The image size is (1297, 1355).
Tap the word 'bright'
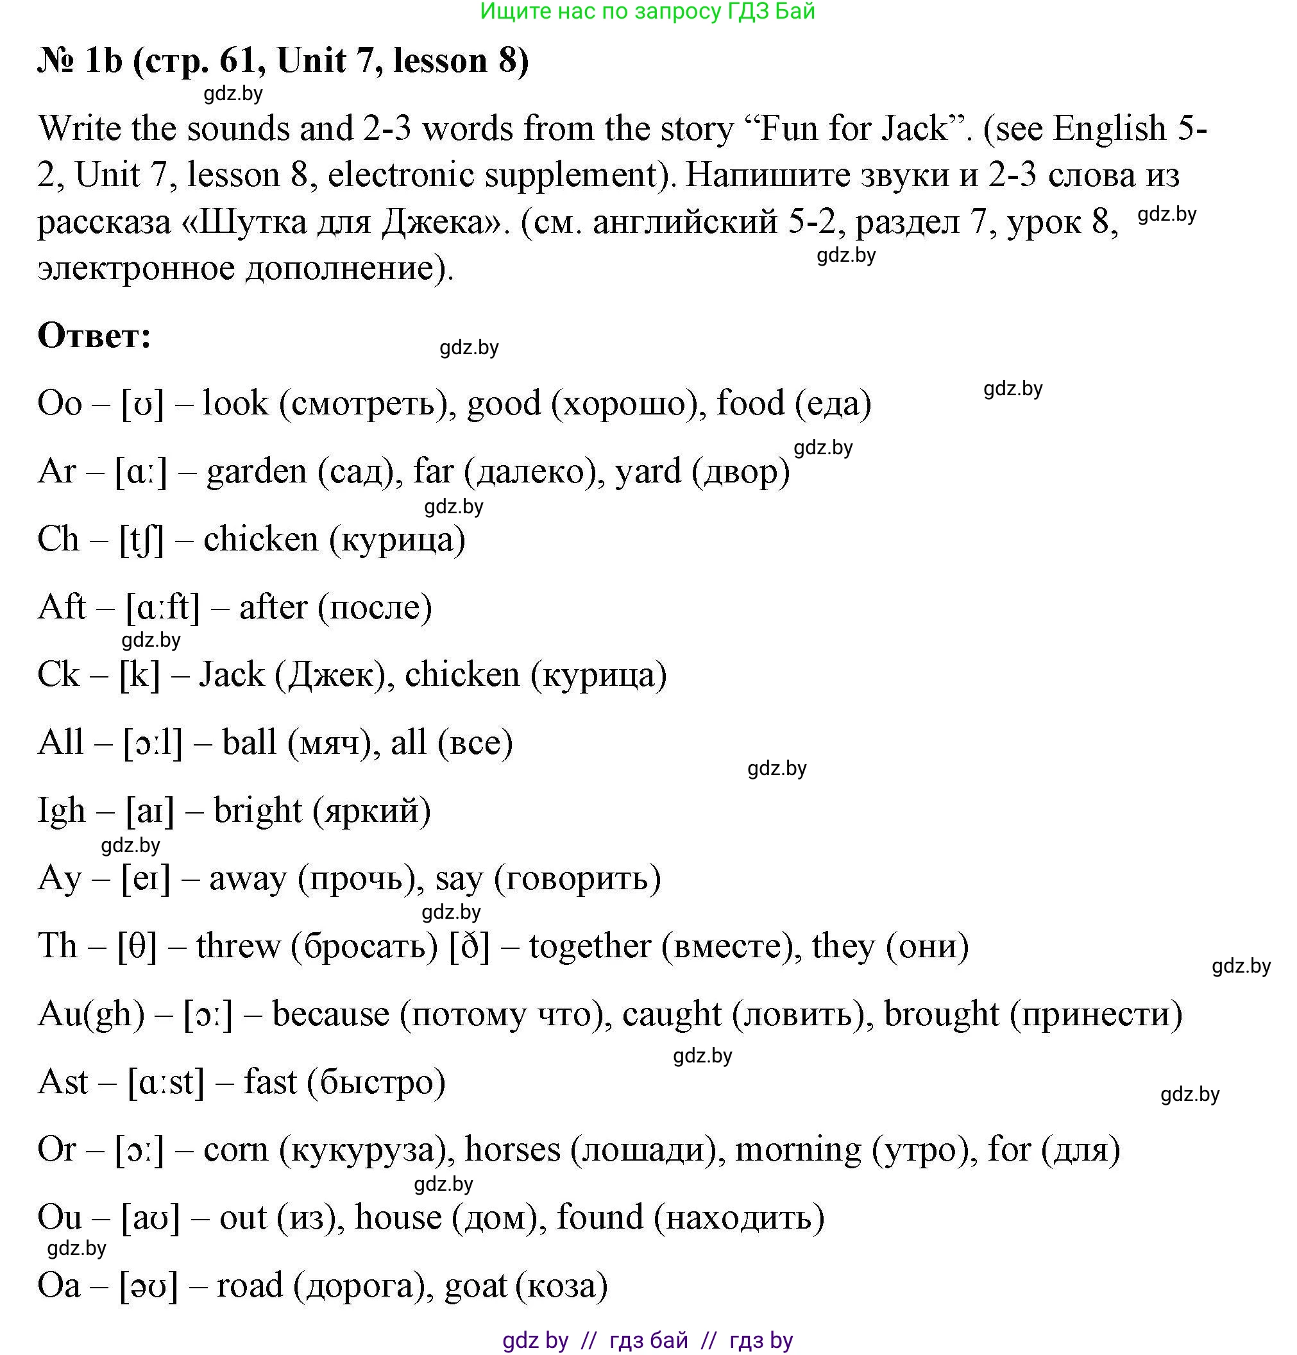(x=257, y=812)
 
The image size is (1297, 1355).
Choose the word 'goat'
(x=476, y=1286)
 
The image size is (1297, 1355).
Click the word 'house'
(x=398, y=1218)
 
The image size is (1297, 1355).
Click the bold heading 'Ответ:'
(x=94, y=336)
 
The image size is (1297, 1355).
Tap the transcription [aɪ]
(x=149, y=812)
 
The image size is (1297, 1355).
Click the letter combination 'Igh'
(x=62, y=812)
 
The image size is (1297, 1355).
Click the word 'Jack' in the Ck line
(x=232, y=675)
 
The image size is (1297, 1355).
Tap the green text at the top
(x=647, y=11)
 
